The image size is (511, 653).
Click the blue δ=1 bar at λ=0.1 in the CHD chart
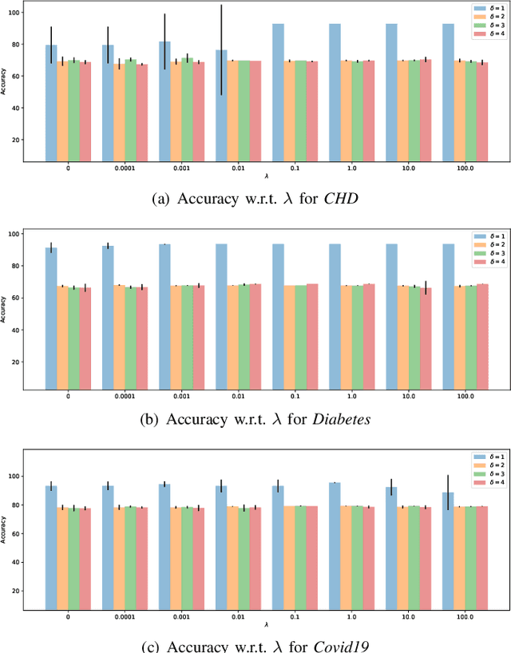pyautogui.click(x=278, y=93)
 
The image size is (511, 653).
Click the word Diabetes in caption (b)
pyautogui.click(x=344, y=420)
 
